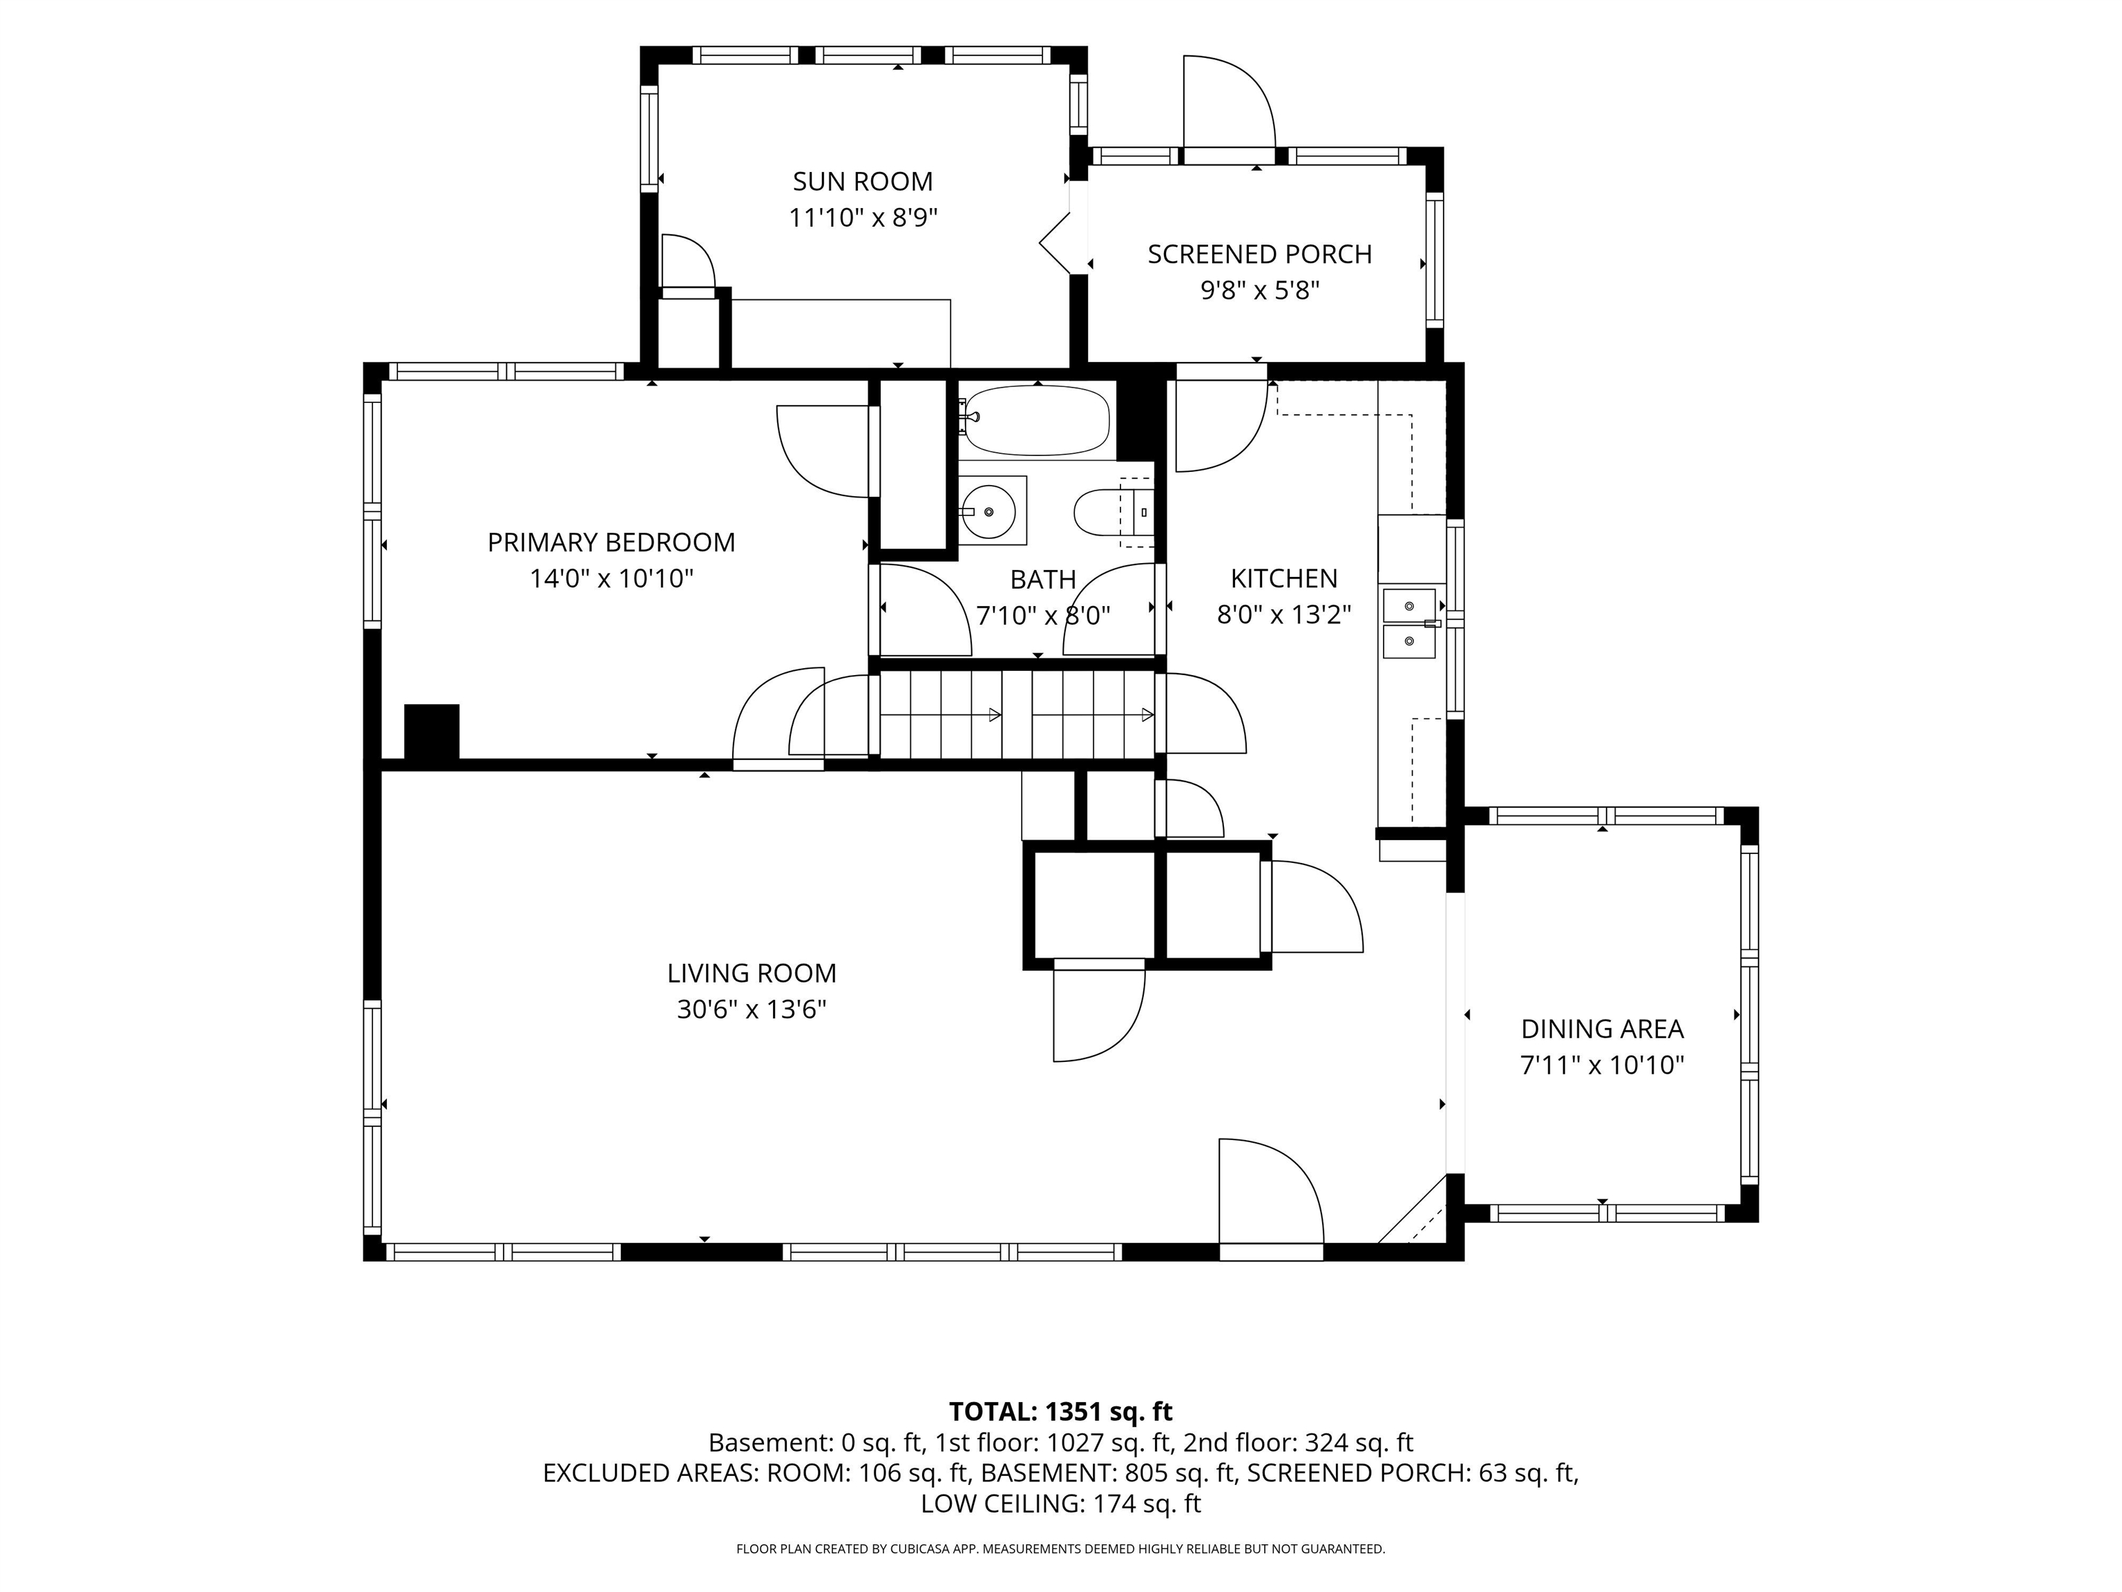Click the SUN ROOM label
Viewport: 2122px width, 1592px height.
click(863, 181)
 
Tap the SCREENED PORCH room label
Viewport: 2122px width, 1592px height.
click(1259, 254)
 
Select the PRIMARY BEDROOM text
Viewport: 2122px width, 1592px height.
click(611, 543)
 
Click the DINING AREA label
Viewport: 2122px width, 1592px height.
click(1602, 1030)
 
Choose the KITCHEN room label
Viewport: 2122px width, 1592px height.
click(1283, 578)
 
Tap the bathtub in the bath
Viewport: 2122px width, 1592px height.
click(1037, 420)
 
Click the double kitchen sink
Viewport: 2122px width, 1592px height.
click(1409, 624)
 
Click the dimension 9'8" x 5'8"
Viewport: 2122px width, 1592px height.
click(1259, 291)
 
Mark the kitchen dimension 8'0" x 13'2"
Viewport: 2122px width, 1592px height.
click(1283, 615)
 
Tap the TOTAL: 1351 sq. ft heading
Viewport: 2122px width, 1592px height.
click(1060, 1412)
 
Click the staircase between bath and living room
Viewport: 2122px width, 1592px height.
click(1017, 715)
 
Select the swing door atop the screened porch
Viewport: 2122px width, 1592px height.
click(1229, 104)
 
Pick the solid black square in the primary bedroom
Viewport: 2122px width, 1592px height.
click(432, 733)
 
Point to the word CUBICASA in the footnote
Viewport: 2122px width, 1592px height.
click(921, 1549)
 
